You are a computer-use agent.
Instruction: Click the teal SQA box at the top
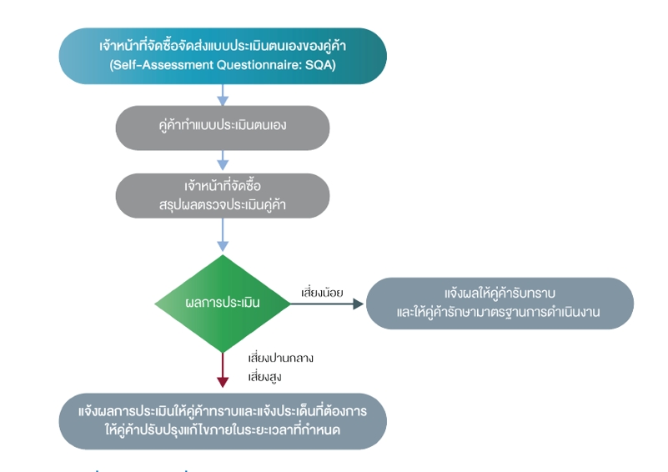[223, 56]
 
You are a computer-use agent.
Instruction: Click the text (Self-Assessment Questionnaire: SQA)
[223, 65]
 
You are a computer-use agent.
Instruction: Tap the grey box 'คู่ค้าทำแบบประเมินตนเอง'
[223, 128]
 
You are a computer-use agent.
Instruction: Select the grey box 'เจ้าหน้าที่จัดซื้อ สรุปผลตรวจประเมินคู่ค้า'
[223, 195]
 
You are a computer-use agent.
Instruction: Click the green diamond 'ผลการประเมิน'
[223, 304]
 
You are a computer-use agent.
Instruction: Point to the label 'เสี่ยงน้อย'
[322, 293]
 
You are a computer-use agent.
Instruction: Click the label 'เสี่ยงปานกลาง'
[281, 358]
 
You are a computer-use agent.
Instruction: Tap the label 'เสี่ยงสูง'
[264, 377]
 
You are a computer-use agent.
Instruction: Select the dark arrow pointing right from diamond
[327, 304]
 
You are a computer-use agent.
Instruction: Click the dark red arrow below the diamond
[223, 369]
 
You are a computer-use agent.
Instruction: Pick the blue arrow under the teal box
[223, 94]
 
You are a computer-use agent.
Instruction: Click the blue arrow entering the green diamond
[223, 234]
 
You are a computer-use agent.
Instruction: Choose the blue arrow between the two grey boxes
[223, 160]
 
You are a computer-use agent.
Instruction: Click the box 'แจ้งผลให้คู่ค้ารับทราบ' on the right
[500, 304]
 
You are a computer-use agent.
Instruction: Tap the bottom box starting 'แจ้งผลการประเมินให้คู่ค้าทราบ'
[223, 421]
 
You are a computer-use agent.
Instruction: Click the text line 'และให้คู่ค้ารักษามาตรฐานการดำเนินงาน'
[498, 312]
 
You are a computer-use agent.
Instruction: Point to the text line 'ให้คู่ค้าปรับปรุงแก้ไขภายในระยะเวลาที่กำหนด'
[223, 429]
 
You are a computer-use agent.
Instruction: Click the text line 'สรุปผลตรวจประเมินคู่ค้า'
[223, 205]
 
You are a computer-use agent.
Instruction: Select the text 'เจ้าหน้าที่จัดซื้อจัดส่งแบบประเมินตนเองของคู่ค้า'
[223, 46]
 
